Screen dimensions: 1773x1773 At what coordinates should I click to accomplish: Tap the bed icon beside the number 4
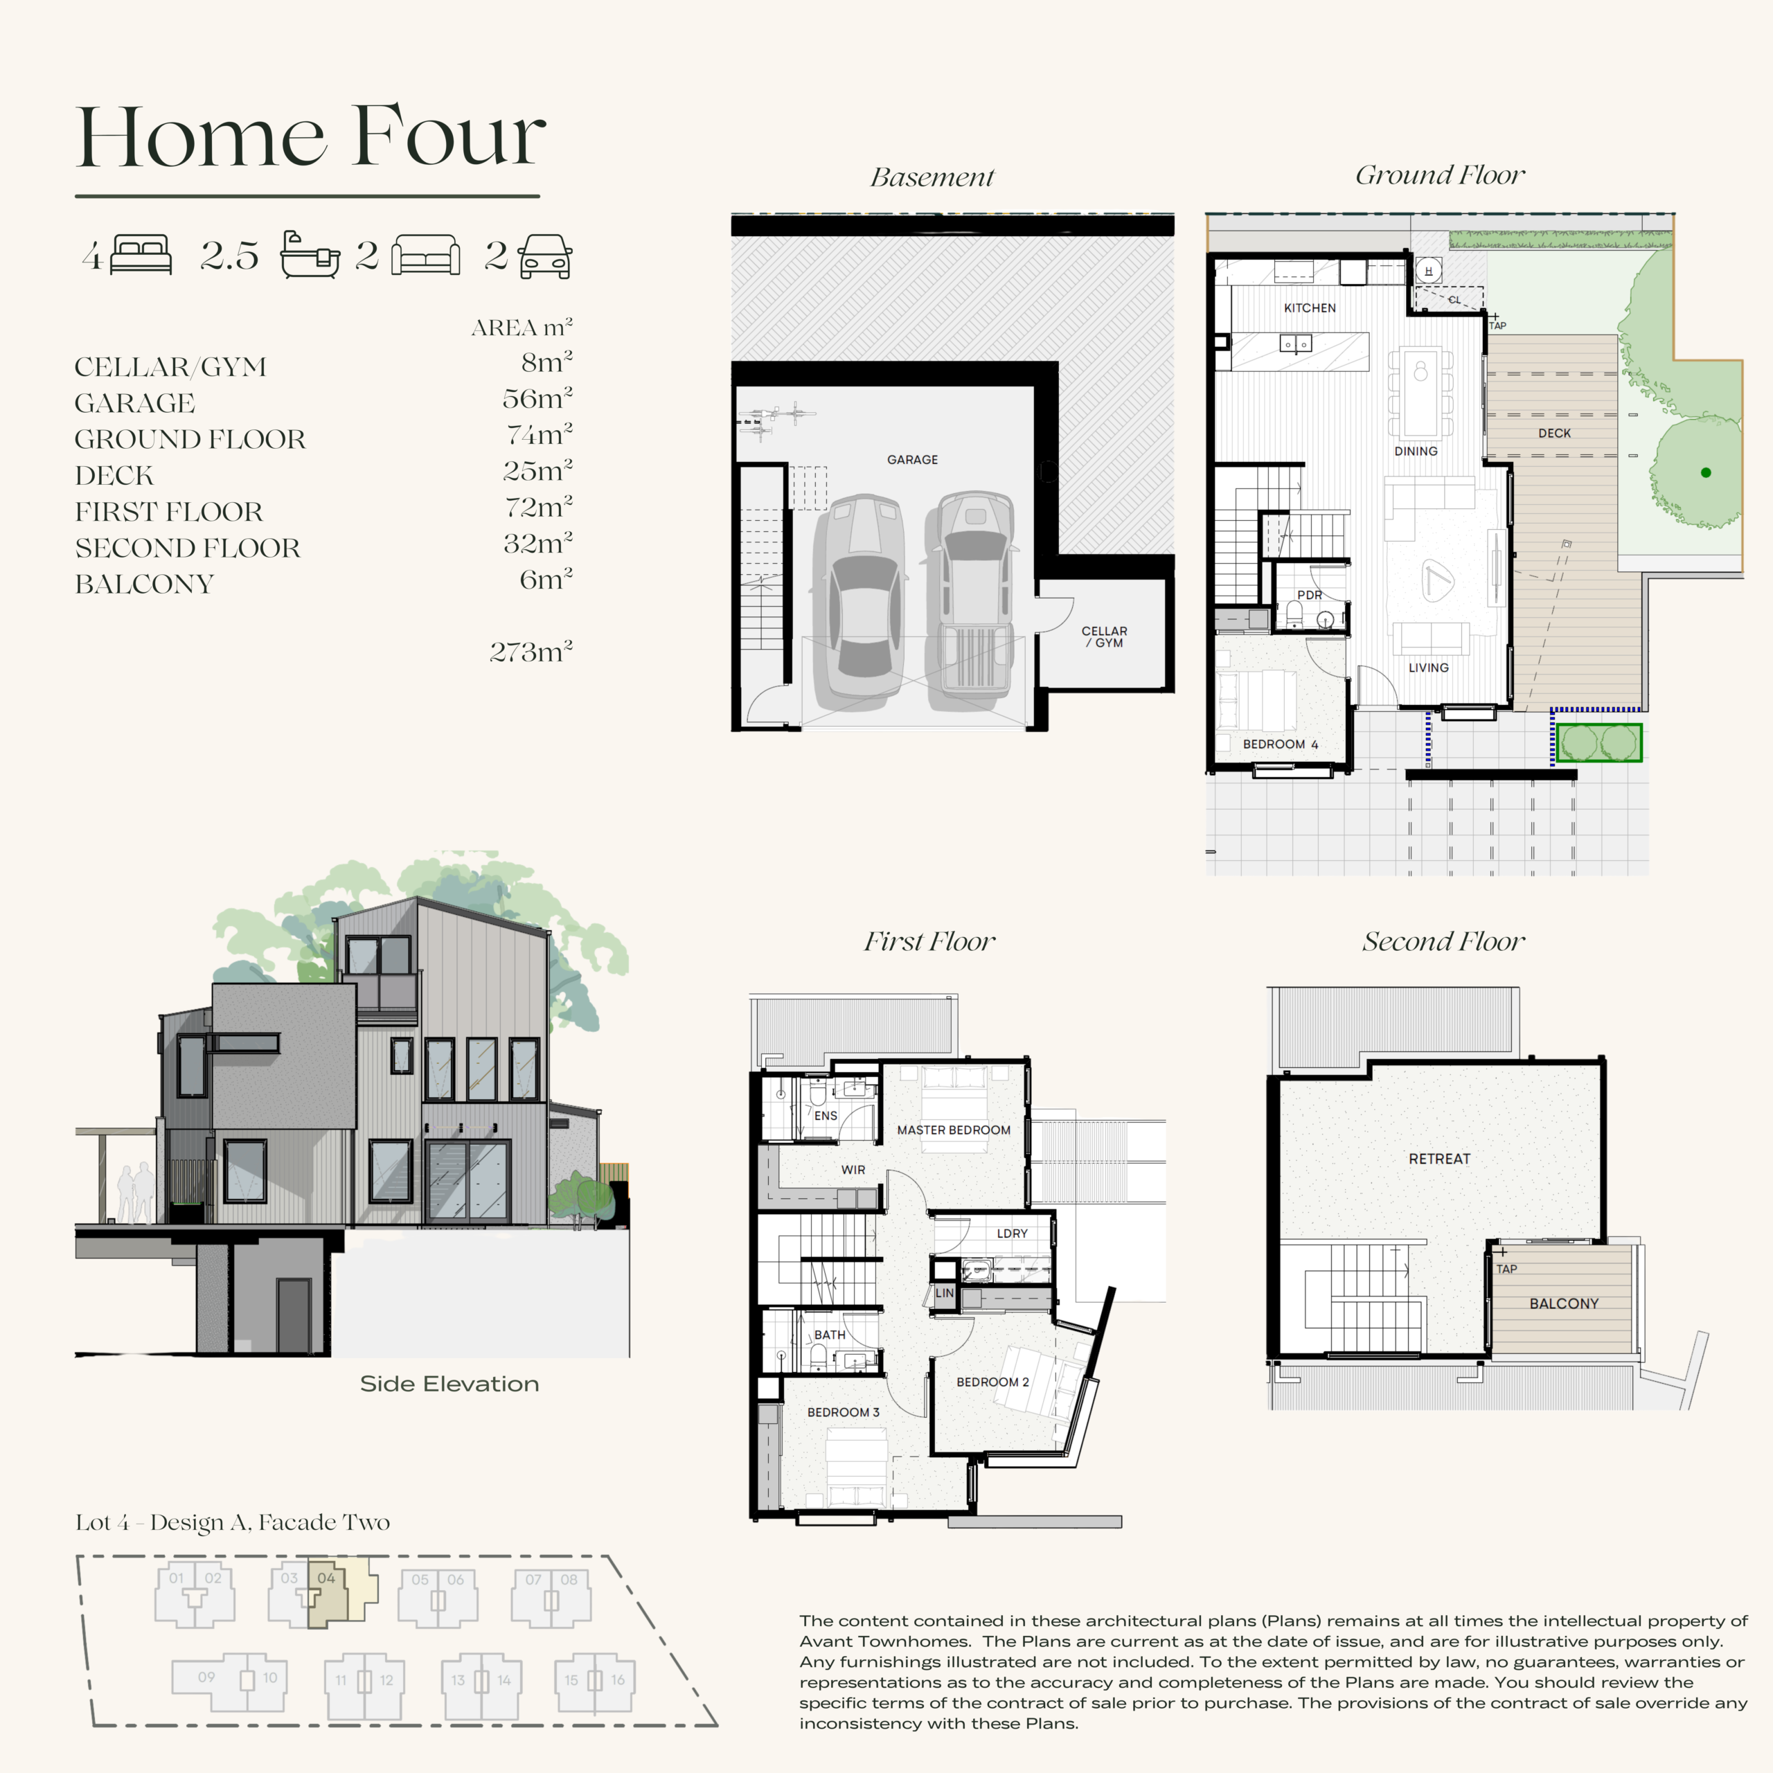(141, 255)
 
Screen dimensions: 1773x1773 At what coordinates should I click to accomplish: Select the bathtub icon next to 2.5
(310, 254)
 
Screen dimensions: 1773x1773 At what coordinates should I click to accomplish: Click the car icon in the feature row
(545, 256)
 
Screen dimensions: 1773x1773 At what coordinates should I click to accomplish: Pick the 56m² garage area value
(537, 398)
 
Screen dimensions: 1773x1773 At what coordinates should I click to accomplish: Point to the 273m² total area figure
(531, 652)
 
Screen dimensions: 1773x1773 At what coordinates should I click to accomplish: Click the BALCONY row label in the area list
(144, 584)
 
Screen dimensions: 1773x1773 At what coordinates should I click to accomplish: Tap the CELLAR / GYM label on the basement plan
(1104, 637)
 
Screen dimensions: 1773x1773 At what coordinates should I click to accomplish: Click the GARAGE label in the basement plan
(912, 460)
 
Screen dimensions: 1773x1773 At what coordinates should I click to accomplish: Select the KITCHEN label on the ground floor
(1310, 308)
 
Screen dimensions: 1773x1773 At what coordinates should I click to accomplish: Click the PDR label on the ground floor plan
(1310, 595)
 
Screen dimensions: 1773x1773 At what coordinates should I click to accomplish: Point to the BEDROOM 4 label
(1280, 745)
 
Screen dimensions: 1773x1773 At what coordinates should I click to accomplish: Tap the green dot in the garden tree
(1706, 472)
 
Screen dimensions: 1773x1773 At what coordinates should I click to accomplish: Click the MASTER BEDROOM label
(954, 1130)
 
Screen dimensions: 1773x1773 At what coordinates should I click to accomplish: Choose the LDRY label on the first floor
(1013, 1233)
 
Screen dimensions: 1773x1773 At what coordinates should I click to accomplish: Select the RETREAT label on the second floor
(1439, 1159)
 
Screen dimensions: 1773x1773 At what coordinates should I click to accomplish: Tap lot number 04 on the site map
(326, 1578)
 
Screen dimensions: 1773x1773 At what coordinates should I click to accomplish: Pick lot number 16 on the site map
(618, 1680)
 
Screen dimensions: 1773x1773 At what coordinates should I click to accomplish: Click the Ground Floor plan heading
(1440, 175)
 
